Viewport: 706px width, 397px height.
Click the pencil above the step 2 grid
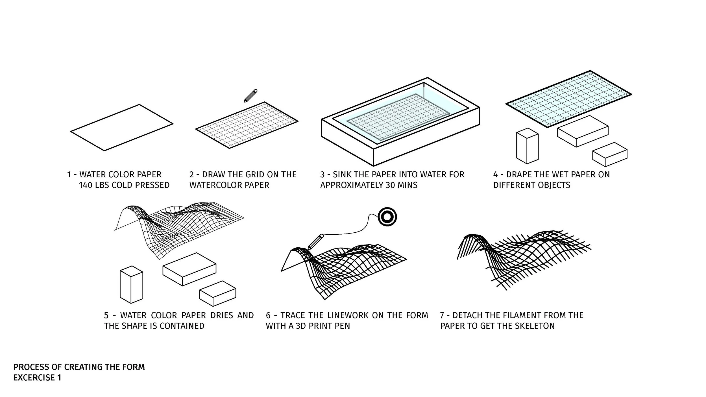click(250, 96)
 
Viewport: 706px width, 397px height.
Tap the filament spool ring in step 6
click(387, 217)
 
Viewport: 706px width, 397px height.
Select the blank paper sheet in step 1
click(121, 127)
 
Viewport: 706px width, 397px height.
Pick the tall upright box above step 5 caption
click(131, 284)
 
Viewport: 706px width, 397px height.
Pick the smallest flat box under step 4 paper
click(610, 154)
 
